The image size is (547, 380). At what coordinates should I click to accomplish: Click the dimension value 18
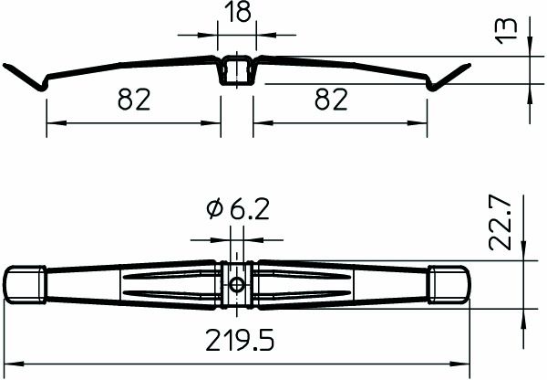click(237, 14)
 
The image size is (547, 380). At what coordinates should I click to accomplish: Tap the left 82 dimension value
click(134, 100)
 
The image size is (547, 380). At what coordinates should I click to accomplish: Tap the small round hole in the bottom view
click(237, 284)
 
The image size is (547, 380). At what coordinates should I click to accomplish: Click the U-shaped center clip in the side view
click(237, 71)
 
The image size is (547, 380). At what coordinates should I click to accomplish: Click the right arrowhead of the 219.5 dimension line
click(465, 364)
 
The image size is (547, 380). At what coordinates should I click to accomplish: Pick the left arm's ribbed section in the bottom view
click(164, 284)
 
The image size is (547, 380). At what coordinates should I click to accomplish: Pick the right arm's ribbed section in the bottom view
click(310, 284)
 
